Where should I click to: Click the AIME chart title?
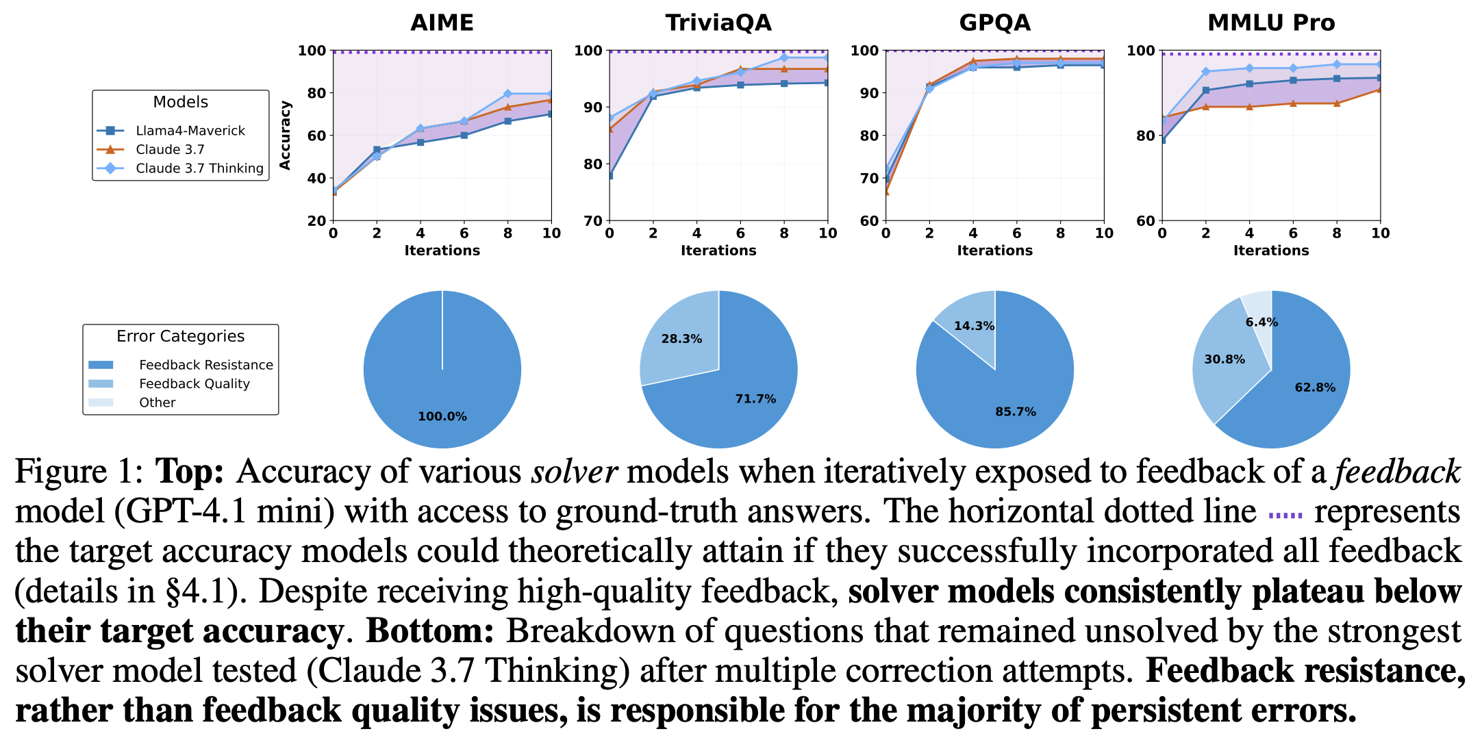coord(442,23)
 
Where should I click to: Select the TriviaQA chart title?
coord(718,23)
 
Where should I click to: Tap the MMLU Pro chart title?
coord(1271,23)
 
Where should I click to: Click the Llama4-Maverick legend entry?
coord(190,131)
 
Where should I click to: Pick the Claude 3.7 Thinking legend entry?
coord(199,168)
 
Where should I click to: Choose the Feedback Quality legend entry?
coord(194,384)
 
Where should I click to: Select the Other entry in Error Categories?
coord(157,403)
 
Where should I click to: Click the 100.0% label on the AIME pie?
coord(442,416)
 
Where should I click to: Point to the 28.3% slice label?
coord(681,339)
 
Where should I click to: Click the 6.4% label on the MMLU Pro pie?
coord(1261,322)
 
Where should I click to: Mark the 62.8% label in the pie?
coord(1315,387)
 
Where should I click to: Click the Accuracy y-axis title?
coord(286,136)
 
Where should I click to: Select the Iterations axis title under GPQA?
coord(994,251)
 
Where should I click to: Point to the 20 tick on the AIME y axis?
coord(316,220)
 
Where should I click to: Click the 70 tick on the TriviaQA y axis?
coord(593,220)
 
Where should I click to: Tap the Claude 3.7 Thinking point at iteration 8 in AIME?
coord(507,94)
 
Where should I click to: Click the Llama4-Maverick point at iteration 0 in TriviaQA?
coord(610,175)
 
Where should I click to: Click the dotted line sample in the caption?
coord(1285,515)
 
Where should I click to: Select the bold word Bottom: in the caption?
coord(430,631)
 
